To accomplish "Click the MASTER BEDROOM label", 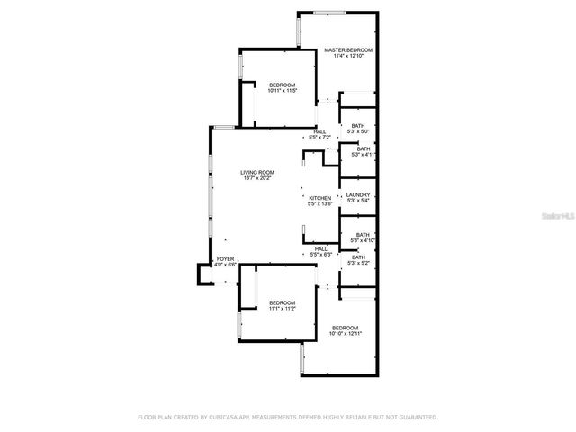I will [x=348, y=50].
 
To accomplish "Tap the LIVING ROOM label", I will [x=257, y=172].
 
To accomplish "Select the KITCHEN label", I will [x=320, y=198].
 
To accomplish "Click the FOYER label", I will [x=225, y=259].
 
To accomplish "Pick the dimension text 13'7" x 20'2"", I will [x=257, y=178].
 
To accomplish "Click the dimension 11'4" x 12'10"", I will [x=348, y=57].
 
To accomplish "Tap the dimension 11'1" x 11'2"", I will [x=283, y=309].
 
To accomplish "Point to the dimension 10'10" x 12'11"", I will [x=345, y=334].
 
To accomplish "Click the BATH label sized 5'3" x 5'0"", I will [x=358, y=126].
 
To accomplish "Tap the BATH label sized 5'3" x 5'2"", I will [x=359, y=257].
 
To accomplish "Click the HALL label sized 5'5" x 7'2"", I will [x=320, y=131].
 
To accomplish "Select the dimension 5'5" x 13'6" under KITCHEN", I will [x=320, y=204].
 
